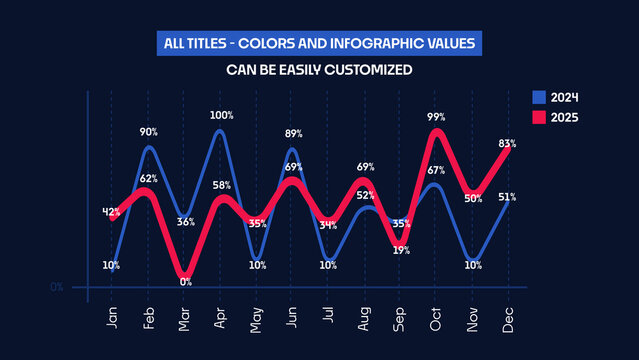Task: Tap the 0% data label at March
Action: [186, 282]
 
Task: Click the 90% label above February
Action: [148, 132]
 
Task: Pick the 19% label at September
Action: [400, 250]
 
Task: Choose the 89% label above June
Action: [293, 134]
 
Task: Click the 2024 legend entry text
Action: [565, 98]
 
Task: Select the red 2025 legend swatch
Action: [538, 118]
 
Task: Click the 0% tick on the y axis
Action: [57, 287]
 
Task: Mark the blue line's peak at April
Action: [219, 131]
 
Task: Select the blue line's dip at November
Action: [473, 260]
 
